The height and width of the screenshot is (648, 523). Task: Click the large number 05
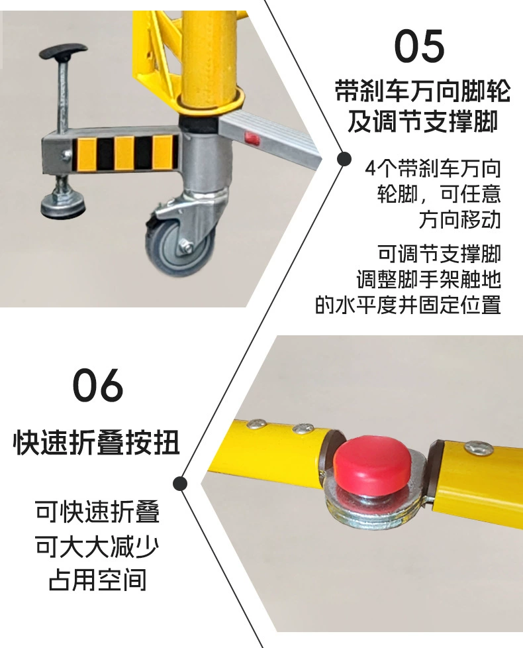click(x=419, y=46)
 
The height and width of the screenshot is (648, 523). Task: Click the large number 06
click(x=98, y=385)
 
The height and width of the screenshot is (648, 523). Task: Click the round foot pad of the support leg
click(x=63, y=205)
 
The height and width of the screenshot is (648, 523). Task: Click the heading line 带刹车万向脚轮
click(x=422, y=91)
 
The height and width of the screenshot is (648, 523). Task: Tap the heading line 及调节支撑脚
click(x=422, y=121)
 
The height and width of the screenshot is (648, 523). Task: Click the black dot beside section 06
click(x=180, y=484)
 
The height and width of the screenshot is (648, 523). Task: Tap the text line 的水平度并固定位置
click(x=408, y=305)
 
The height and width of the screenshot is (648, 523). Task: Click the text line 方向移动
click(x=460, y=219)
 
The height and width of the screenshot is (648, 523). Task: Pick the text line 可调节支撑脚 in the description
click(x=439, y=253)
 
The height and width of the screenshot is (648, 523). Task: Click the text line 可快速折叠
click(x=97, y=512)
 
